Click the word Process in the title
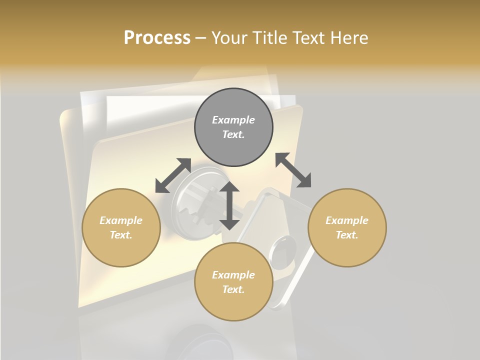[x=157, y=37]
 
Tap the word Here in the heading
[x=349, y=37]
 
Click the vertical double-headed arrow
[x=229, y=205]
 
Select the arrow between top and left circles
[x=173, y=175]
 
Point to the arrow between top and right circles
[x=293, y=170]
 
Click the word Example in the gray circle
[x=233, y=120]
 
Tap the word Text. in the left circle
[x=121, y=235]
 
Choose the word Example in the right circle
[x=347, y=220]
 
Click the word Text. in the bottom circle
[x=233, y=289]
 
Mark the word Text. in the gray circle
[x=233, y=134]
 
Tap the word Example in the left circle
[x=121, y=220]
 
